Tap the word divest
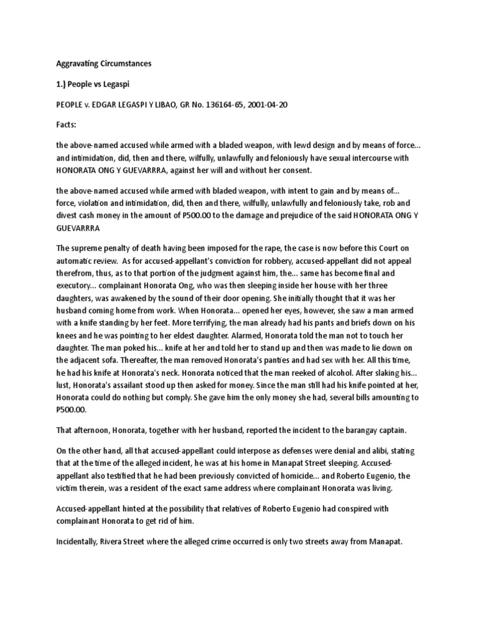click(67, 216)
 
